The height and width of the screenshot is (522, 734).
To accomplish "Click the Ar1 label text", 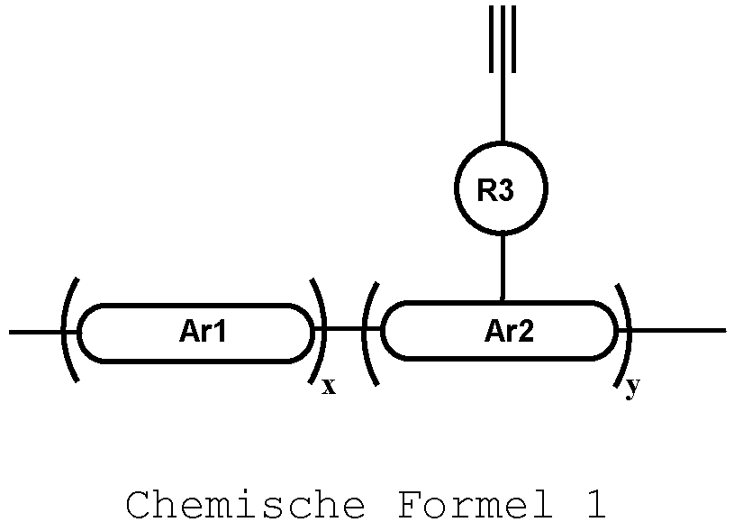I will click(203, 333).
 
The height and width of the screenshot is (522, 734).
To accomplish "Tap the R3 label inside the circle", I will click(500, 190).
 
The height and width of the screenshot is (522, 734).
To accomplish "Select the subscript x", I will click(329, 388).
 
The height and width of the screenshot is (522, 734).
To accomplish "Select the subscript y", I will click(633, 388).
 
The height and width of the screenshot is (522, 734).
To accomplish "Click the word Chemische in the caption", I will click(245, 504).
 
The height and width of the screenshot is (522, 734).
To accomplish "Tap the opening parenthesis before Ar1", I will click(68, 331).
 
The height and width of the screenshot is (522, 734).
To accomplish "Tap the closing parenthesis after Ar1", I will click(319, 331).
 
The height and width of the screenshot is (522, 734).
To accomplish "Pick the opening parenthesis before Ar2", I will click(370, 333).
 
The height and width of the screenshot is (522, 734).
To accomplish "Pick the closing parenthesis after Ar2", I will click(623, 331).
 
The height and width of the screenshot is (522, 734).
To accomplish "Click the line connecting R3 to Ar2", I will click(503, 267).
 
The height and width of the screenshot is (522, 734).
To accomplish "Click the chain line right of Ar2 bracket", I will click(680, 331).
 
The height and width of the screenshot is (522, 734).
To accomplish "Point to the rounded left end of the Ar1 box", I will click(82, 333).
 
